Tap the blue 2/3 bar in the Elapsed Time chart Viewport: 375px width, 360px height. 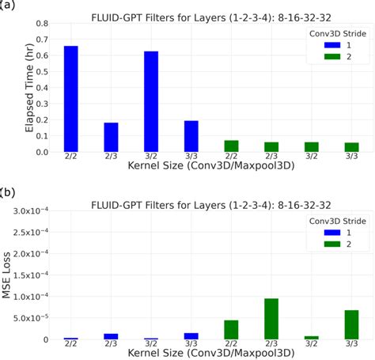112,137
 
